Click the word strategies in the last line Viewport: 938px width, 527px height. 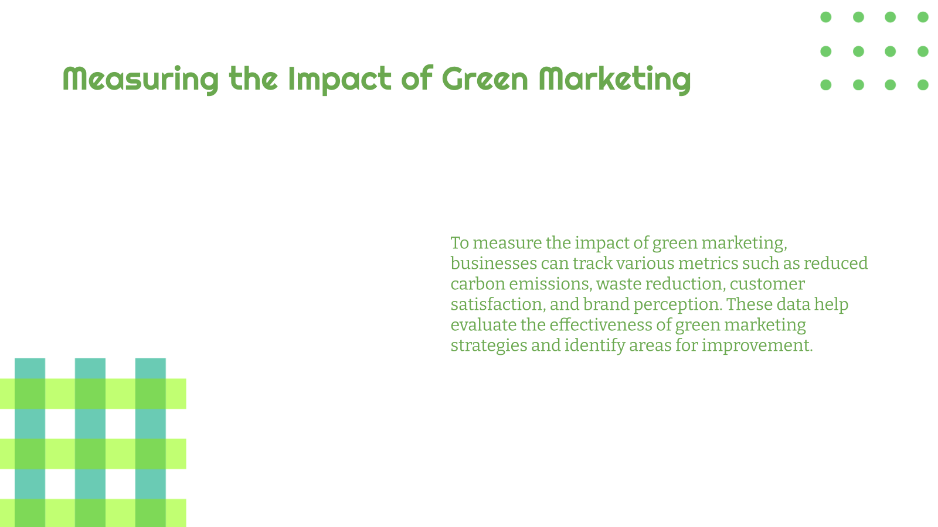coord(488,345)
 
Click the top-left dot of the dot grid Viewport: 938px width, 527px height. coord(825,17)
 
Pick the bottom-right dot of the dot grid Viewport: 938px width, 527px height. coord(923,85)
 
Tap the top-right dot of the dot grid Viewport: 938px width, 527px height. coord(923,17)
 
